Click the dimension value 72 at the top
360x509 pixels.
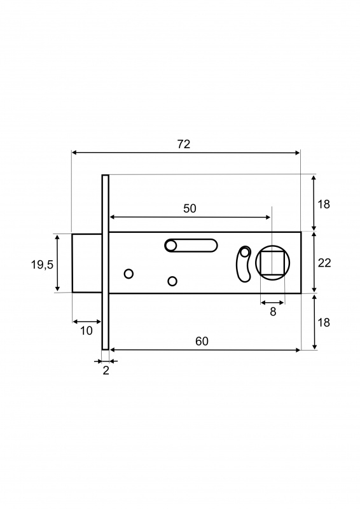point(183,144)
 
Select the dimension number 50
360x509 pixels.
point(190,209)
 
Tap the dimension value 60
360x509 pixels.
point(202,341)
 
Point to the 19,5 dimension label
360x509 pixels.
point(42,265)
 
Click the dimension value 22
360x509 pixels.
point(324,263)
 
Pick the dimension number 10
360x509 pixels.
point(87,331)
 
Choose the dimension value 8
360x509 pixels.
point(273,312)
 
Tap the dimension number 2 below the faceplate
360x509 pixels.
point(106,370)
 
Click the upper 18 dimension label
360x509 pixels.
point(324,204)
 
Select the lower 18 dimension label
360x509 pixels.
point(324,323)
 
